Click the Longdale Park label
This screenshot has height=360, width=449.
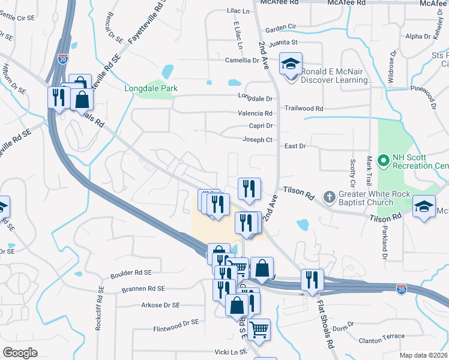[x=151, y=89]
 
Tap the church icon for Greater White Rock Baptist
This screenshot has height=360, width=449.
[x=329, y=196]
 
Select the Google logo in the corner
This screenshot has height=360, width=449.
[x=20, y=353]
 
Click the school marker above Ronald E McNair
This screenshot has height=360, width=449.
[x=291, y=64]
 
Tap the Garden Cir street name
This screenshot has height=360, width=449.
[x=281, y=28]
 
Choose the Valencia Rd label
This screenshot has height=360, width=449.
[x=256, y=113]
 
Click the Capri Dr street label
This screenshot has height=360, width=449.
[x=261, y=125]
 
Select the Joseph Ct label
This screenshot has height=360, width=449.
[x=258, y=140]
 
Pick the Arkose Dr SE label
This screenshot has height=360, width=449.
[x=160, y=305]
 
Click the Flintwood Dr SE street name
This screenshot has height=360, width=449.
[x=176, y=322]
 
